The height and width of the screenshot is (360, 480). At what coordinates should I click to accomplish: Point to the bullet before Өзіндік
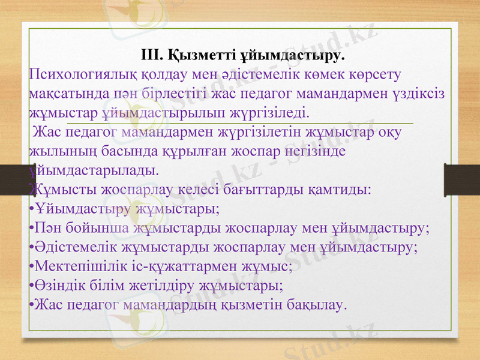click(x=31, y=286)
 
